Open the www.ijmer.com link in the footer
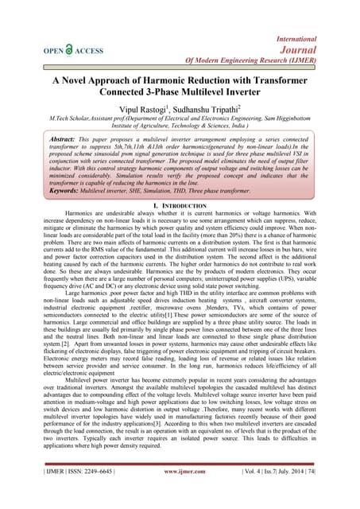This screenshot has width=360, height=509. coord(182,494)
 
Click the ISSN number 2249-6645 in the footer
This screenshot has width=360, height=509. coord(82,494)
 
